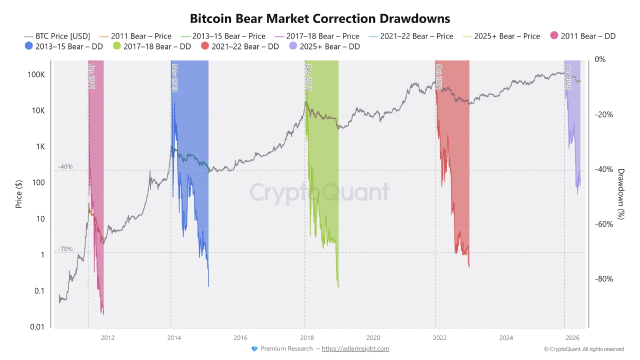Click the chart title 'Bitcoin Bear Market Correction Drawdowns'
(x=320, y=18)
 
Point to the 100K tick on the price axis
(x=36, y=74)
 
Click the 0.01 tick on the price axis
(x=37, y=327)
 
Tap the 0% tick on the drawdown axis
(x=600, y=59)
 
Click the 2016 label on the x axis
(x=240, y=337)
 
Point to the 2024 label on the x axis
(x=506, y=337)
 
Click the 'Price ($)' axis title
(x=19, y=194)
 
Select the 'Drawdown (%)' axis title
(x=621, y=194)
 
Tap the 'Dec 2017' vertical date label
(x=308, y=77)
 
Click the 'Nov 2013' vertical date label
(x=174, y=77)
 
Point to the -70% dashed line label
(x=65, y=248)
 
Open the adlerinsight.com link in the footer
(x=355, y=348)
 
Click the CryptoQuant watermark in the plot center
(x=319, y=192)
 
